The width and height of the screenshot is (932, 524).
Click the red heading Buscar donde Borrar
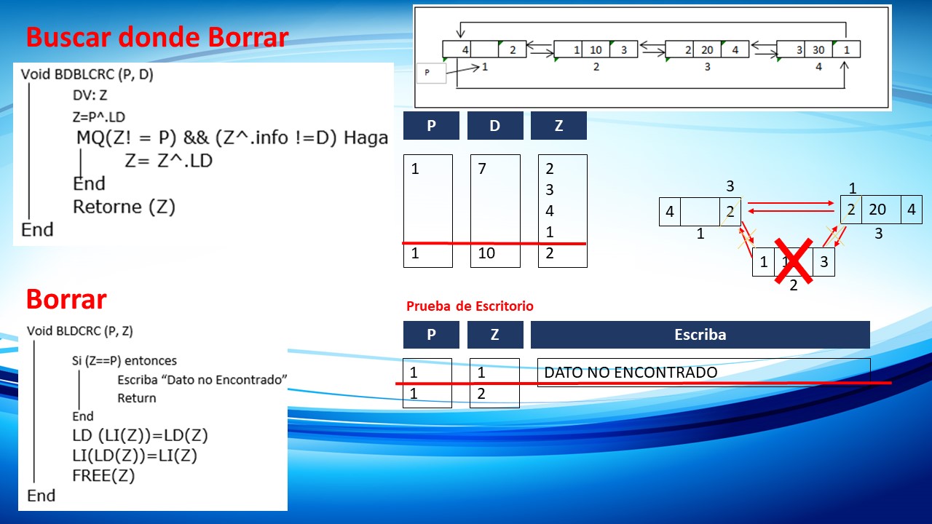coord(157,37)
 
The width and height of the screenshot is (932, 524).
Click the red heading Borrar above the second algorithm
coord(66,299)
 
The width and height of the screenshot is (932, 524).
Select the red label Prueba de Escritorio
coord(470,306)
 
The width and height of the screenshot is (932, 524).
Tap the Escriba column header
coord(700,334)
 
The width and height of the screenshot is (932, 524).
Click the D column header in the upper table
coord(495,125)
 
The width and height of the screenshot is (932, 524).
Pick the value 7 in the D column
coord(482,168)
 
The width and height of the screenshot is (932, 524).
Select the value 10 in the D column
coord(486,253)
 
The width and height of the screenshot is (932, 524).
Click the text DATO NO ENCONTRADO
coord(631,372)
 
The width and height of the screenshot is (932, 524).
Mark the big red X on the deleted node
coord(794,261)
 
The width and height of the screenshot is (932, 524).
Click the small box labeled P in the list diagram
coord(431,74)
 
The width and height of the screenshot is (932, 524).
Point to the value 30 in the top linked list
coord(818,50)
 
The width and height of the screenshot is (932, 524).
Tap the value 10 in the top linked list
coord(596,50)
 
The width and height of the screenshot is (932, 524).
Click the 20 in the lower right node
coord(877,209)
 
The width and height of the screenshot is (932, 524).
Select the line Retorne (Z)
coord(124,207)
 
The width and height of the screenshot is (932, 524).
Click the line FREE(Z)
coord(103,475)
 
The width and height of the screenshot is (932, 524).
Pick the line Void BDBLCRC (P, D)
coord(87,74)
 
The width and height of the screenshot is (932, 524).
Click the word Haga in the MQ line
coord(366,138)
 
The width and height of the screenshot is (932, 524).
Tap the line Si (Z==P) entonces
coord(124,360)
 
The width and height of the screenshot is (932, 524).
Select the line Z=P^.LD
coord(98,117)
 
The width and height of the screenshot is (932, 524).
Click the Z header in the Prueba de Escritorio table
coord(495,334)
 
